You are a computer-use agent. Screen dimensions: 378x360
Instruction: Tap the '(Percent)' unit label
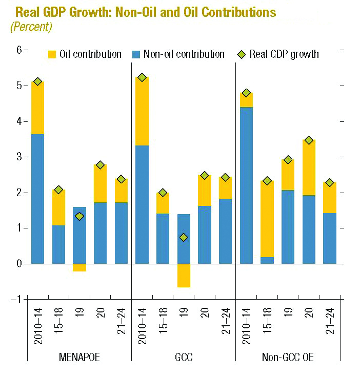(x=31, y=27)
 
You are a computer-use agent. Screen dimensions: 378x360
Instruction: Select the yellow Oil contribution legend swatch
(x=52, y=54)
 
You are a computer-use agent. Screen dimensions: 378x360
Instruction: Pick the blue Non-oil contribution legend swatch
(x=136, y=54)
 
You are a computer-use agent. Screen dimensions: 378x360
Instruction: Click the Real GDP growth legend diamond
(x=242, y=54)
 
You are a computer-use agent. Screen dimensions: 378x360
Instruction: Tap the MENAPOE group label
(x=79, y=358)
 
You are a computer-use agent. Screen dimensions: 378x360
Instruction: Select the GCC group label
(x=183, y=358)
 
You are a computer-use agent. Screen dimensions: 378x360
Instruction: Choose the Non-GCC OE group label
(x=287, y=358)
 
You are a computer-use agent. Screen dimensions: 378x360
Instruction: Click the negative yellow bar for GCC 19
(x=183, y=276)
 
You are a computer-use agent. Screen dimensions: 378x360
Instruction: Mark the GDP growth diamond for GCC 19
(x=184, y=237)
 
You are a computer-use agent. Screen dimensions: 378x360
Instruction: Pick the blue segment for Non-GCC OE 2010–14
(x=246, y=185)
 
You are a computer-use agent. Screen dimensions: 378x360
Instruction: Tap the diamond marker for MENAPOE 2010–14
(x=37, y=81)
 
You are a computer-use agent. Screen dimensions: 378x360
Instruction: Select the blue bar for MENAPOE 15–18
(x=58, y=244)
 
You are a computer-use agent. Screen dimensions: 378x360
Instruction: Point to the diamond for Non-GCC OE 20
(x=308, y=140)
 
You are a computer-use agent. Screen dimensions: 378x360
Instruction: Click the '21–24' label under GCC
(x=225, y=323)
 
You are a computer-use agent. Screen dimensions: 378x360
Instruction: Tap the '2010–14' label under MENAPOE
(x=37, y=323)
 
